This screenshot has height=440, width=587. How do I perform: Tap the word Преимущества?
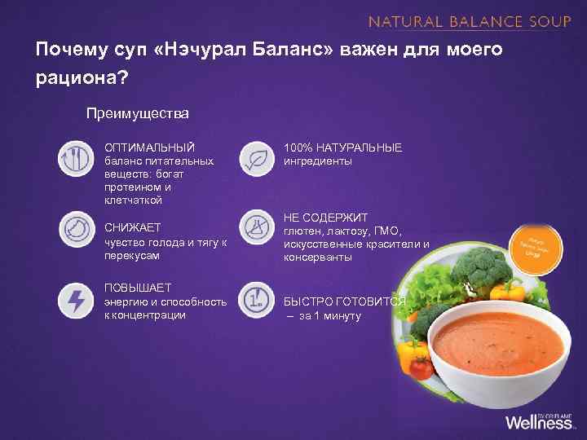coord(138,112)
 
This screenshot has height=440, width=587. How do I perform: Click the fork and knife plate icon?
coord(74,158)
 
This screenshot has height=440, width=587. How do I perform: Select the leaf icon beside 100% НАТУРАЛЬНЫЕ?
coord(256,158)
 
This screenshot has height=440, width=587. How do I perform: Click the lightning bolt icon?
coord(74,301)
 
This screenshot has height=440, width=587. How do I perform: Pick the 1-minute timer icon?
coord(256,301)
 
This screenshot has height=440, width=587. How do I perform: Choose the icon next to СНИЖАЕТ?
coord(74,229)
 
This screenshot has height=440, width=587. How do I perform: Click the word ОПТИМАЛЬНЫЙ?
coord(149,147)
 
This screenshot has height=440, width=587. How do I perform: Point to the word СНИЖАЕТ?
coord(133,227)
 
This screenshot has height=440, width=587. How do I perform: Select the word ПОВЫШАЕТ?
coord(138,288)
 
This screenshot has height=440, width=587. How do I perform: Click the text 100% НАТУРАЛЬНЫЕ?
coord(342,147)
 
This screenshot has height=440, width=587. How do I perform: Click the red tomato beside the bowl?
coord(420,368)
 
